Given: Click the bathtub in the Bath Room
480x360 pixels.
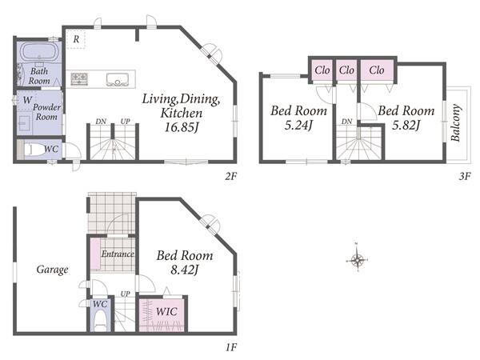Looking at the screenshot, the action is coord(39,51).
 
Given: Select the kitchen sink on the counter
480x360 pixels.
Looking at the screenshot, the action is coord(117,79).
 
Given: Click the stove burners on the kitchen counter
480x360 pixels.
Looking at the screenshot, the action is coord(79,78).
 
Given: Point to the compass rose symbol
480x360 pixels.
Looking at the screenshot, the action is coord(357,260).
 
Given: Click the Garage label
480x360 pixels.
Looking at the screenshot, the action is coord(52,270).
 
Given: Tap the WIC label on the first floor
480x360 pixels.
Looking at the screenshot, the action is coord(166,312).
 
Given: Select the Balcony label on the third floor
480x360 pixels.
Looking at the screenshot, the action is coord(455,122).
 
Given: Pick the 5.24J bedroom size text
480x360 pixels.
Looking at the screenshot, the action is coord(298,126).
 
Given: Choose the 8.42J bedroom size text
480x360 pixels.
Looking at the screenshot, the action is coord(185,270).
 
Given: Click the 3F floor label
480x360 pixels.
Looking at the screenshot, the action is coord(464,176).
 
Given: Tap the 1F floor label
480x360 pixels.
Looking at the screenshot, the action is coord(231,347).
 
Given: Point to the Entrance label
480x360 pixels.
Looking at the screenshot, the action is coord(118,254).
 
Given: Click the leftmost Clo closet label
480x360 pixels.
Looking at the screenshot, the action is coord(322,70).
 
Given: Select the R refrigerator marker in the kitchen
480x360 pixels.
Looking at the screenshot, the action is coord(76,39).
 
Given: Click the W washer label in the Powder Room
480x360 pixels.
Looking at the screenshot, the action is coord(27,100).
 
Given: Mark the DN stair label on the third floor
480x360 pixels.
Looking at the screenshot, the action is coord(347,122).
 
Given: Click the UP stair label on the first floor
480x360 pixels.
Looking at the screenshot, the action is coord(125,294).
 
